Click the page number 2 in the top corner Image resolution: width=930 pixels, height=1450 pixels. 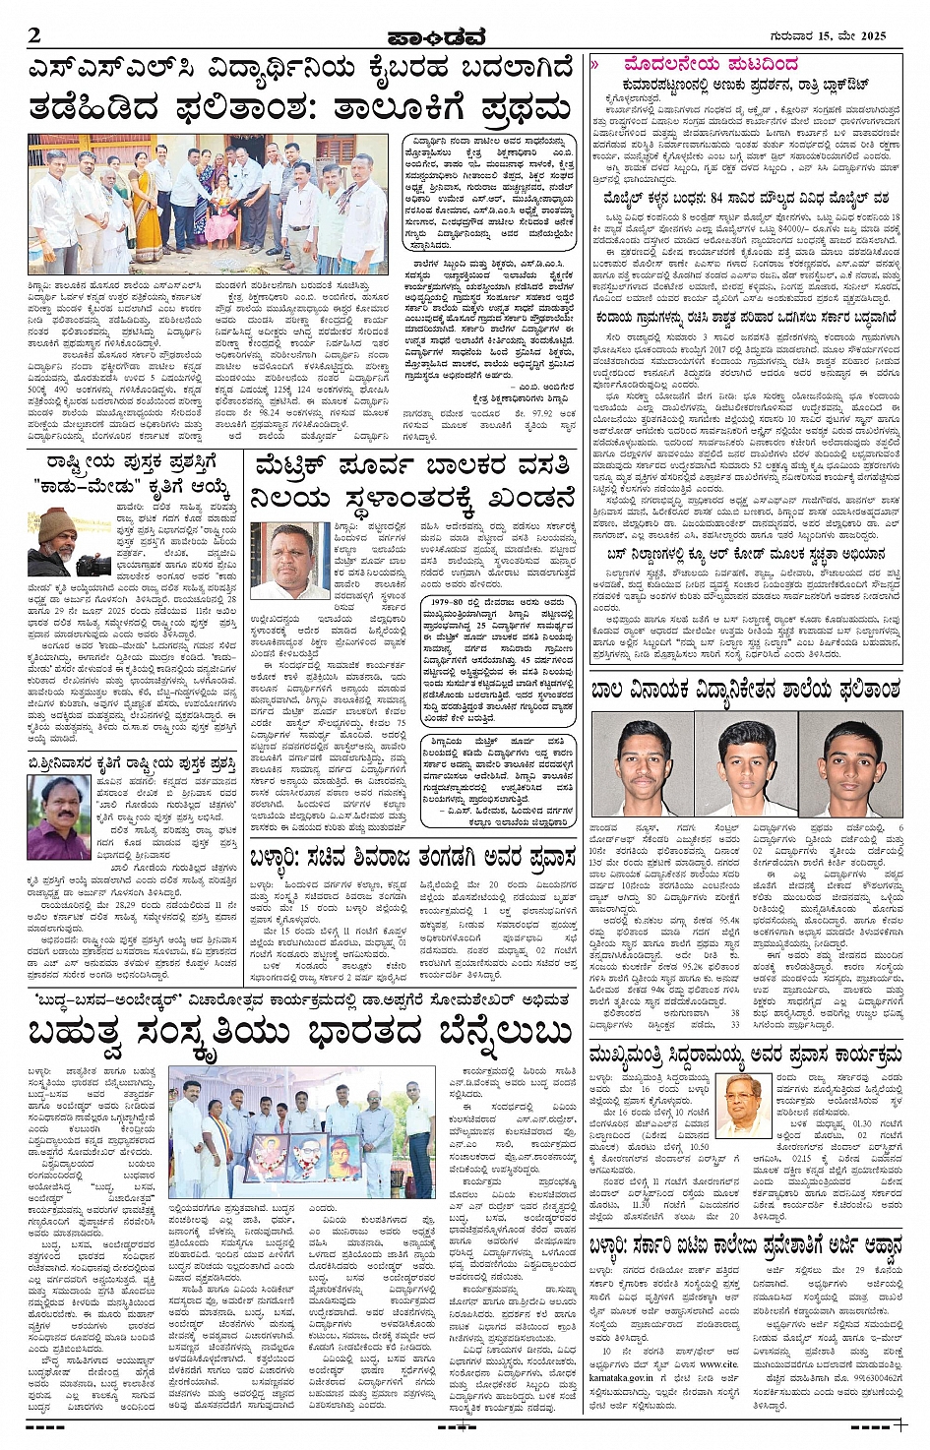pyautogui.click(x=34, y=36)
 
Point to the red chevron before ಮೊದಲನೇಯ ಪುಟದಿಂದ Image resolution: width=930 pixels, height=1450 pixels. pyautogui.click(x=595, y=65)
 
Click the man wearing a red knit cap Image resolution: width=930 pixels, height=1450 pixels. pyautogui.click(x=62, y=539)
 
